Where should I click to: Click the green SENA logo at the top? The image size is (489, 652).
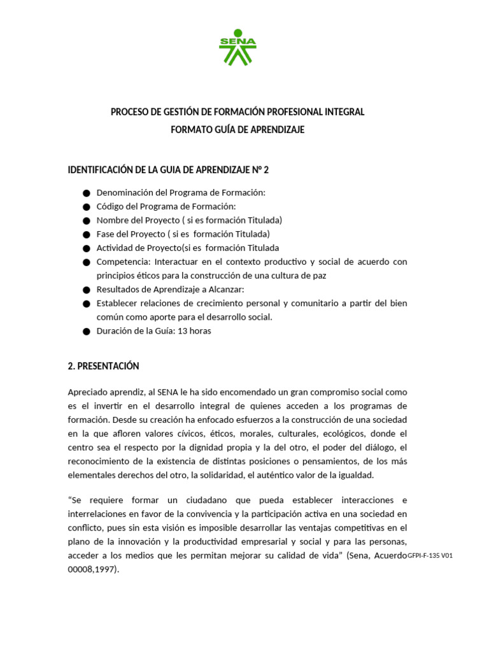coord(237,48)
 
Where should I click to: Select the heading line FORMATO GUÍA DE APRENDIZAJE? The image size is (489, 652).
coord(237,130)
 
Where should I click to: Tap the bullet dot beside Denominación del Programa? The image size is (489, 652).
coord(87,193)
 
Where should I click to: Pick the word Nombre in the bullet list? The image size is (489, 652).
coord(112,220)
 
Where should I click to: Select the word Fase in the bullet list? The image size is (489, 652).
coord(106,234)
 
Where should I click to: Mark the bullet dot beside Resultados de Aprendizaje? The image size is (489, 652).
coord(87,290)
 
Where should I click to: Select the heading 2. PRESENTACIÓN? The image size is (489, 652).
coord(103,366)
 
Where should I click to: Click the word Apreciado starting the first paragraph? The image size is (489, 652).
coord(88,392)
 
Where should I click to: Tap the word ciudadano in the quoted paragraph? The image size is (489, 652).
coord(203,500)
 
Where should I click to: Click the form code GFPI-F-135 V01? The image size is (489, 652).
coord(430,556)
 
